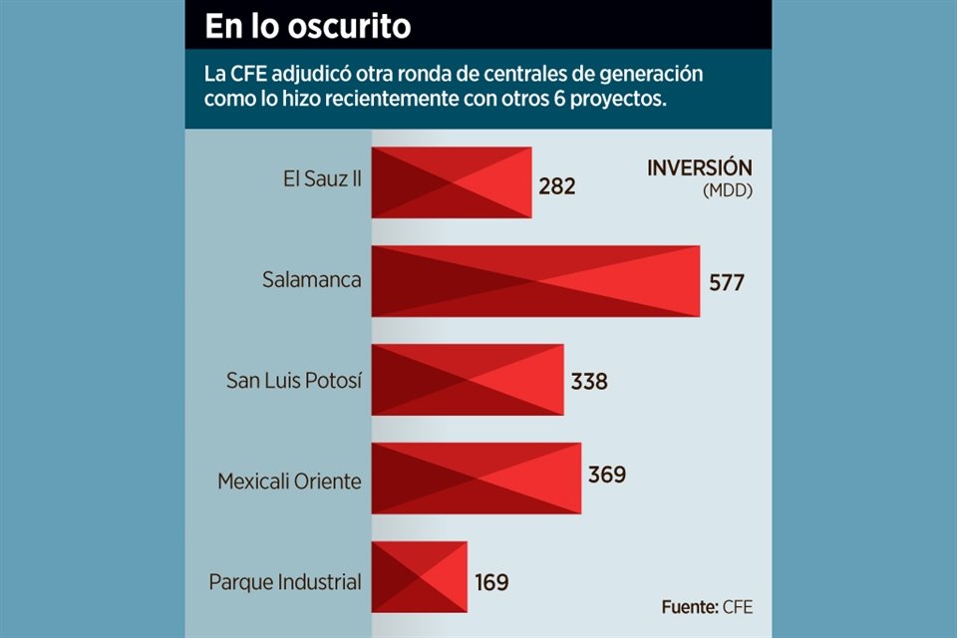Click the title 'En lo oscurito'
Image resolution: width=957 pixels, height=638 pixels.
(x=307, y=27)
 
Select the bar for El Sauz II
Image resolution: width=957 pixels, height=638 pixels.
(x=451, y=182)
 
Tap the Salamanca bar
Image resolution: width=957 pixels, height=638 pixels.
(x=535, y=281)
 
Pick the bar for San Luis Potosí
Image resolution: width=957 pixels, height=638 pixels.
(x=468, y=380)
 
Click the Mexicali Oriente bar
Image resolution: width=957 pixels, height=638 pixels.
(x=476, y=478)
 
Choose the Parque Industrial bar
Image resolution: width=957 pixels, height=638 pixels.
(x=419, y=577)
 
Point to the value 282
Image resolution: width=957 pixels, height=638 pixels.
(x=557, y=185)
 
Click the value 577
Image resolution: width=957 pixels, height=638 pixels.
(x=727, y=282)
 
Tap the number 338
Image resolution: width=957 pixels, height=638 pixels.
(x=589, y=381)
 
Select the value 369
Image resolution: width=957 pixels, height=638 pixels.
(x=606, y=475)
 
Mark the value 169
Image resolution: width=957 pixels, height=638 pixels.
(x=491, y=582)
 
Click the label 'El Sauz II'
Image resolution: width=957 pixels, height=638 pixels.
(x=322, y=181)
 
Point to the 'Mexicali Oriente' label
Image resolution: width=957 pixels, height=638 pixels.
(x=290, y=481)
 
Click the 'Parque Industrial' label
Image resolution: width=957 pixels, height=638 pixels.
(x=285, y=581)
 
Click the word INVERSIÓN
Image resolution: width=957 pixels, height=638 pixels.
(x=700, y=167)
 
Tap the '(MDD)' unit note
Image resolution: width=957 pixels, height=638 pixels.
(x=728, y=189)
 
